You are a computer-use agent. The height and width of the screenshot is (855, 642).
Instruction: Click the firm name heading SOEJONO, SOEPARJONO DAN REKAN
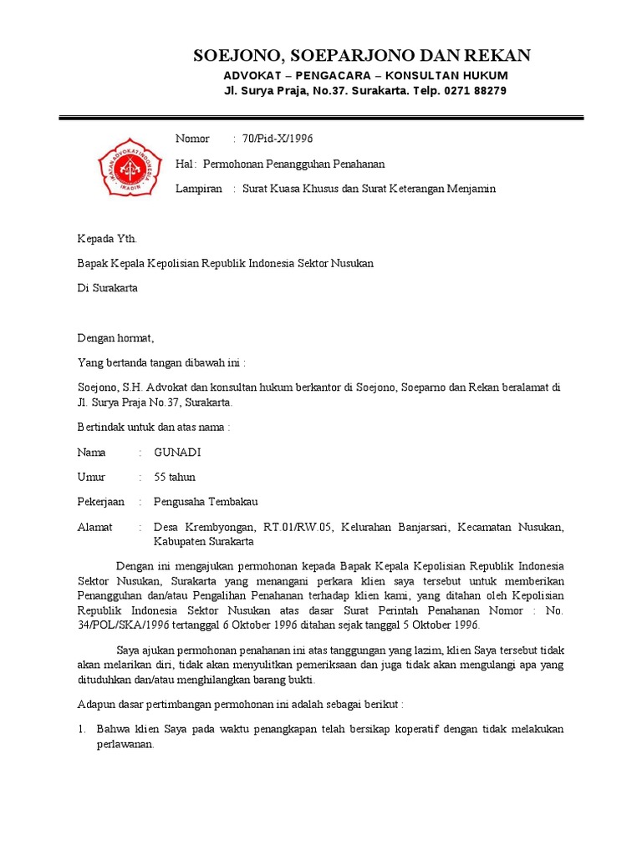coord(362,56)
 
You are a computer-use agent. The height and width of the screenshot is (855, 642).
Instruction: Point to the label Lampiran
coord(199,189)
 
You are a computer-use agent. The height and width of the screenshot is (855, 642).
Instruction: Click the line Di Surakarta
coord(108,289)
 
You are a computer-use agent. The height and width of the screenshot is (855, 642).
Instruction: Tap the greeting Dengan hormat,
coord(116,339)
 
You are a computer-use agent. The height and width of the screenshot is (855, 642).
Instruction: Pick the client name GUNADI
coord(177,453)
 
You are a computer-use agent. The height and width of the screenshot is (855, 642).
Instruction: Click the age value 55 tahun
coord(175,478)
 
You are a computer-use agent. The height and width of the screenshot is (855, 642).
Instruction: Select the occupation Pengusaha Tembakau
coord(206,502)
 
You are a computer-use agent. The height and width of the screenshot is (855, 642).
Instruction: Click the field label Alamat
coord(94,527)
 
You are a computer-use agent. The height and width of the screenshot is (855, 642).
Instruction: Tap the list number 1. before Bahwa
coord(82,729)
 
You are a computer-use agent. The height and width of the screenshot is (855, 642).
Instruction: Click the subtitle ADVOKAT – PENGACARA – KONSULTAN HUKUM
coord(365,75)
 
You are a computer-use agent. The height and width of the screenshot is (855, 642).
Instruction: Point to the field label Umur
coord(91,478)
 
